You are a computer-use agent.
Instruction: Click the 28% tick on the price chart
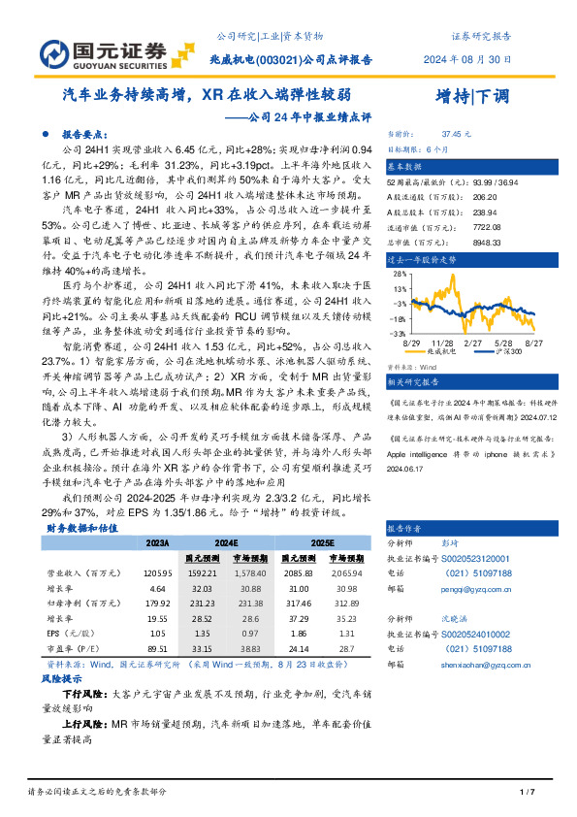[398, 275]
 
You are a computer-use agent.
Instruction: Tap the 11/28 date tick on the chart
[443, 343]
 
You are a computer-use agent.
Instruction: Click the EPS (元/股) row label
[67, 632]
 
